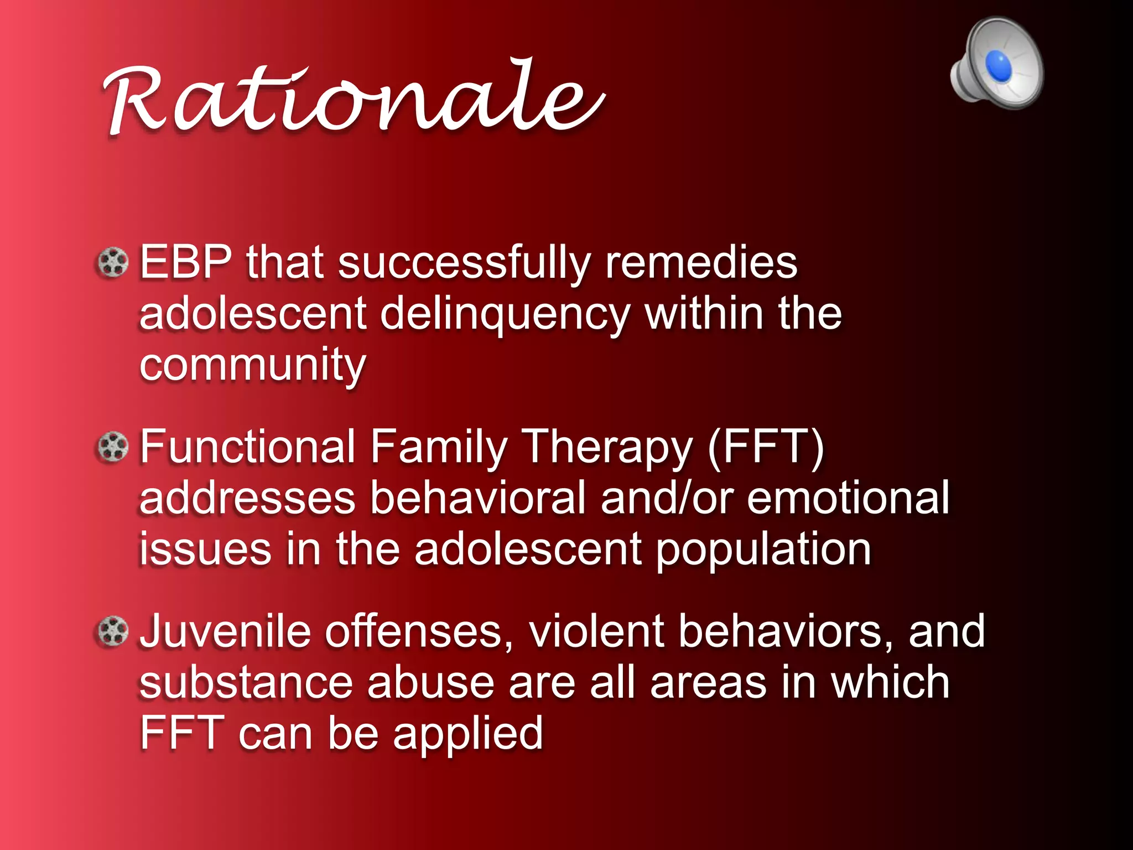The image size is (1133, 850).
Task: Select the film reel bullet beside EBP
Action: coord(113,262)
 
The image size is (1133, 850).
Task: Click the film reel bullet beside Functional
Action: coord(113,447)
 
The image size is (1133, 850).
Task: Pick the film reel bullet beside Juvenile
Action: coord(113,631)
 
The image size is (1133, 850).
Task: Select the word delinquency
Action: coord(505,314)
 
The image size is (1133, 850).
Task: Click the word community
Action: coord(253,365)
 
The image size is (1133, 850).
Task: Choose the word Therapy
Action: coord(607,448)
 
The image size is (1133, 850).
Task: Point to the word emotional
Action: coord(849,497)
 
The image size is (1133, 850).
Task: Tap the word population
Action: coord(763,551)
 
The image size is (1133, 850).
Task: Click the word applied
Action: coord(468,735)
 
